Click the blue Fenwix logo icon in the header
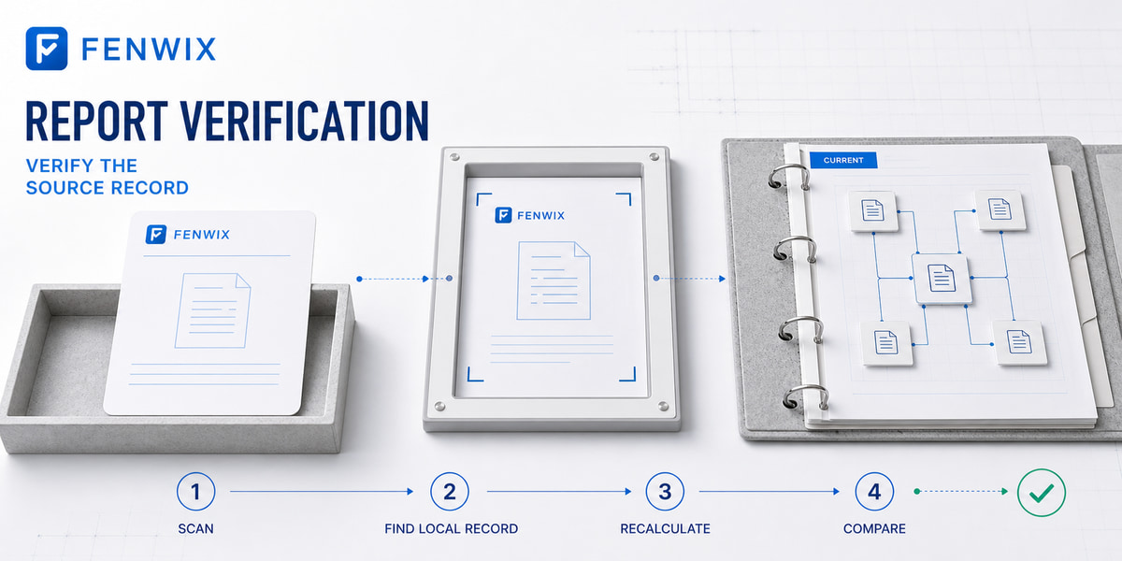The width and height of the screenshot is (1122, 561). pos(47,49)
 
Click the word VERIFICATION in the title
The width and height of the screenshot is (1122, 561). pos(305,121)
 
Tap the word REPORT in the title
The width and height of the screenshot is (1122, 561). pos(96,121)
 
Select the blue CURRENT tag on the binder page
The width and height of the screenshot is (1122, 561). pos(843,160)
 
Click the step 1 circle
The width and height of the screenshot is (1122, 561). pos(195,492)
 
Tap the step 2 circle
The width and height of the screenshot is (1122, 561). pos(450,492)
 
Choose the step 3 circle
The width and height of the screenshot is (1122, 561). pos(665,492)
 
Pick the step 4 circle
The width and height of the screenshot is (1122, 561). pos(874,492)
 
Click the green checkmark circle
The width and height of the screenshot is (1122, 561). pos(1042,493)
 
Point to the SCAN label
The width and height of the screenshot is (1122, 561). pos(195,529)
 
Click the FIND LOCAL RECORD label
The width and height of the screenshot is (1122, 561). pos(452,529)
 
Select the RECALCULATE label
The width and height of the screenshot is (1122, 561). pos(665,529)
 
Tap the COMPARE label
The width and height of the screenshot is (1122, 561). pos(874,529)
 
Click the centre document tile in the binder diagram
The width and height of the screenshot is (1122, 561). pos(942,279)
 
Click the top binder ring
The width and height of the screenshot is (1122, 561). pos(789,178)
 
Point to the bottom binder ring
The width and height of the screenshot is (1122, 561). pos(805,398)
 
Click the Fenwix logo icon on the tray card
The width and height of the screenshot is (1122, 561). pos(156,235)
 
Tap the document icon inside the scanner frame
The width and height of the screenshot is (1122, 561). pos(554,280)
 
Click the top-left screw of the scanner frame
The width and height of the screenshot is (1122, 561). pos(454,157)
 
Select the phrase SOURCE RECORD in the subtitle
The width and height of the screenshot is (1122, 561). pos(108,188)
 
